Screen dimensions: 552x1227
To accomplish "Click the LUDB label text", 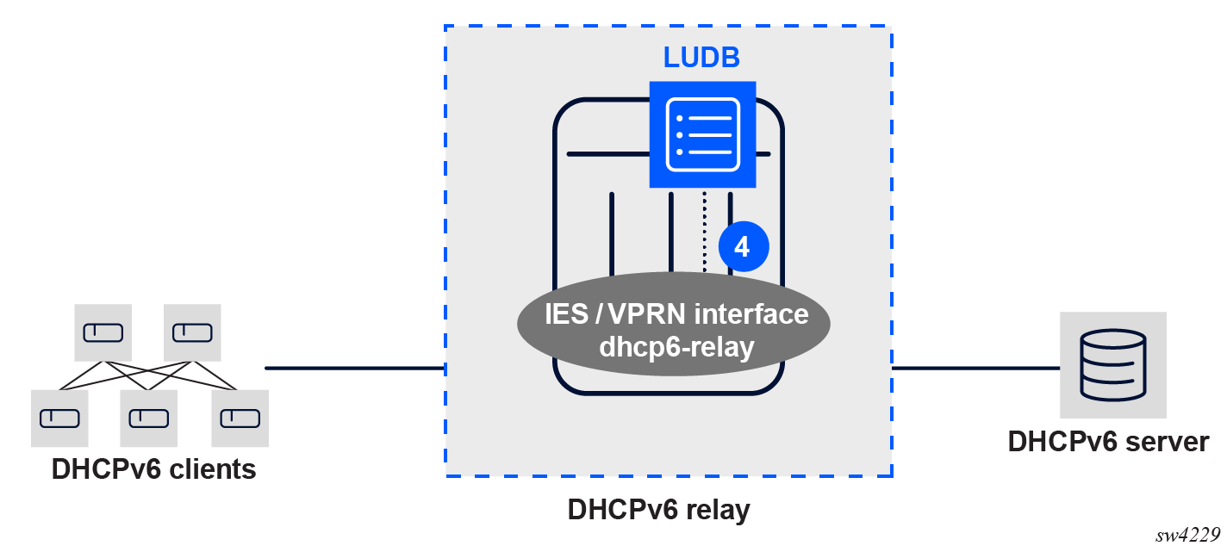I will (701, 58).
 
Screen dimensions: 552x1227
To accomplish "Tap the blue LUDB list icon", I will (702, 134).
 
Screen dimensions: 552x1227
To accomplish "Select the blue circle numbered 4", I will (742, 246).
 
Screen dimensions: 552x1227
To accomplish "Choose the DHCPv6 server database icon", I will (1112, 365).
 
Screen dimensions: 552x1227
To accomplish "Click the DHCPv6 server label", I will (1108, 442).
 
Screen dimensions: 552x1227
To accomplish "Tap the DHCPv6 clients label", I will (153, 469).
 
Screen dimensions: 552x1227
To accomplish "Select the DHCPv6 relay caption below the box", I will (659, 510).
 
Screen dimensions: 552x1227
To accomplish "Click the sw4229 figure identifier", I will (1189, 535).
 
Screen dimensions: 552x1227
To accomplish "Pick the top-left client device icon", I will (103, 332).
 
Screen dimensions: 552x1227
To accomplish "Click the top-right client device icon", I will (192, 332).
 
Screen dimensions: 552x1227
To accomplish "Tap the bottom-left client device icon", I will (59, 419).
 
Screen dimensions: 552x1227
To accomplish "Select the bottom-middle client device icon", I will (149, 419).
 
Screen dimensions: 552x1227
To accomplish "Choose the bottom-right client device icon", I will (240, 419).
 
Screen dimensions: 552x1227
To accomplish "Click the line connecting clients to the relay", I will (353, 369).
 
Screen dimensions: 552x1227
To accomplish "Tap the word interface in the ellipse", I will (751, 314).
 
